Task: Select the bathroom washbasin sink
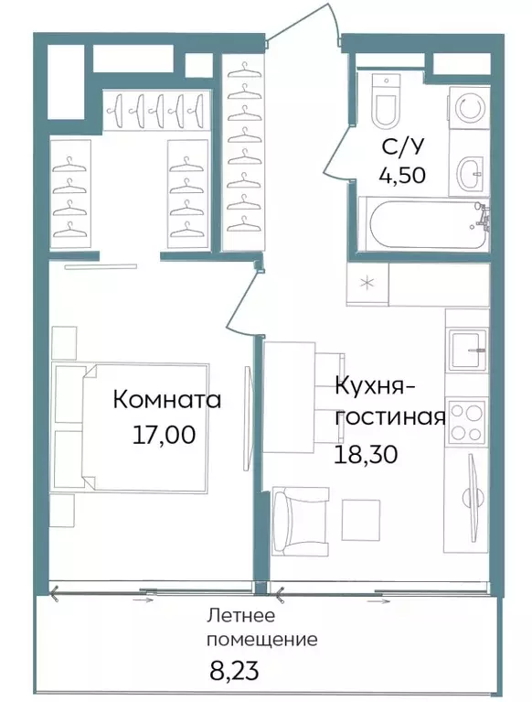471,170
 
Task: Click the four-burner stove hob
469,422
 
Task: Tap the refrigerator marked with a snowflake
367,284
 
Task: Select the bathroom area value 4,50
402,174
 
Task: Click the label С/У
402,146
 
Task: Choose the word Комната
167,401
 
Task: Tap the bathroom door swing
335,146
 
